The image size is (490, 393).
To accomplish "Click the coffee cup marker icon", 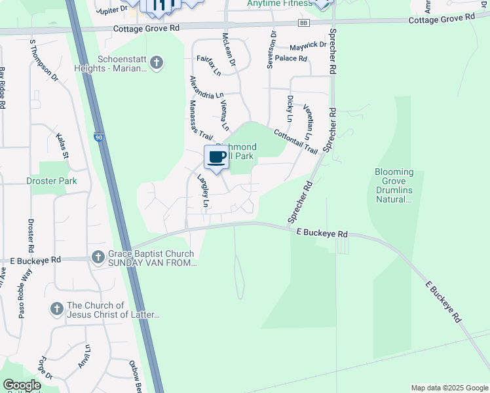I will [x=217, y=157].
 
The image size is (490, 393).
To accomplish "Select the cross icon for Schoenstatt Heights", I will [x=156, y=63].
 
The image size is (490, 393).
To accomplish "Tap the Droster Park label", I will [x=52, y=181].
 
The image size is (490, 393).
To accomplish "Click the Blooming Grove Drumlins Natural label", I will [x=394, y=185].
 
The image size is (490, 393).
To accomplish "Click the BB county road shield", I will [x=303, y=23].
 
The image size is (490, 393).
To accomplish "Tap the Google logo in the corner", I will [x=22, y=384].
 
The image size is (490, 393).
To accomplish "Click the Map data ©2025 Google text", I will [x=449, y=388].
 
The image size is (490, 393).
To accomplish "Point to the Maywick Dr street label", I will [x=308, y=45].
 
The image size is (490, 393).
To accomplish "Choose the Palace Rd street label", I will [x=291, y=58].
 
